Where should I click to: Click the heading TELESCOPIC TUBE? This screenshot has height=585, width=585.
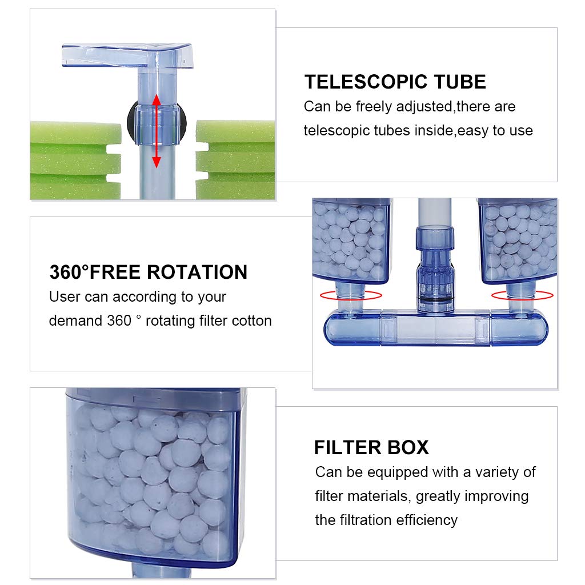click(395, 82)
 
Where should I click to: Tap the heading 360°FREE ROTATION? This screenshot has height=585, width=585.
click(149, 272)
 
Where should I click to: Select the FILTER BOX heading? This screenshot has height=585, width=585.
click(371, 447)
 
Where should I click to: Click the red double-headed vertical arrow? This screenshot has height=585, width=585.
click(157, 131)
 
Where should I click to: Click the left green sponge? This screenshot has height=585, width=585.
click(75, 160)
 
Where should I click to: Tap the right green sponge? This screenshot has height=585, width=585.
click(235, 160)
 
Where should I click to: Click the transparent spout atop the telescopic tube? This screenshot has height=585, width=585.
click(127, 55)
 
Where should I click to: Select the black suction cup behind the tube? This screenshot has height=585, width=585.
click(131, 121)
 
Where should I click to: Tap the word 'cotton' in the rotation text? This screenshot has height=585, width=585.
click(252, 321)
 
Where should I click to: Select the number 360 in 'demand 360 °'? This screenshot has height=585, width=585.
click(119, 321)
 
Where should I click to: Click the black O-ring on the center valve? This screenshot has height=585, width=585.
click(435, 300)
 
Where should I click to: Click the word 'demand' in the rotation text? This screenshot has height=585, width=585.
click(75, 321)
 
